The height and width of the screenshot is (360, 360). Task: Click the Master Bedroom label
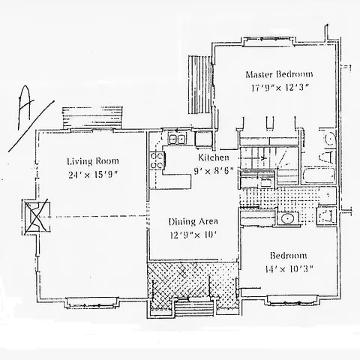pos(279,75)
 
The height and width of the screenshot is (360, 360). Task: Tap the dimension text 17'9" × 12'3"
pos(279,88)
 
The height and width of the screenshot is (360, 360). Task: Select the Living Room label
pos(92,161)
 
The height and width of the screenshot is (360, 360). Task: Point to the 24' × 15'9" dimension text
pos(92,175)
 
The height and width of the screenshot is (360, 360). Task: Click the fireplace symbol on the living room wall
pos(36,215)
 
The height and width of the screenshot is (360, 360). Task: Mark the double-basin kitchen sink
pos(177,139)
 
